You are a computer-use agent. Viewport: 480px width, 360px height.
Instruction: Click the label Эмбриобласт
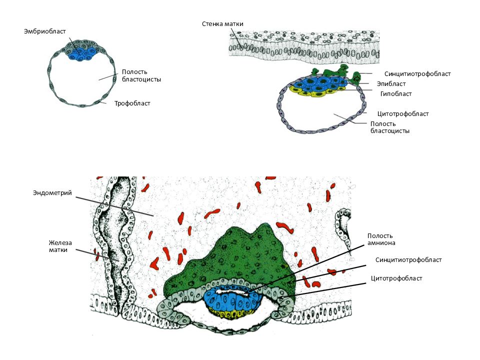(x=44, y=31)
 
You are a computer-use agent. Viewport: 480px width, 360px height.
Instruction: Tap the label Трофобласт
(x=132, y=103)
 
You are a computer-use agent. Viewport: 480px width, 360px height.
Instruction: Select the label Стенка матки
(x=222, y=24)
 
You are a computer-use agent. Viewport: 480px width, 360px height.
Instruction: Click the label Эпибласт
(x=391, y=84)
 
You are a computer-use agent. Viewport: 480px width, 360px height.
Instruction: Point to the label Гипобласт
(x=396, y=94)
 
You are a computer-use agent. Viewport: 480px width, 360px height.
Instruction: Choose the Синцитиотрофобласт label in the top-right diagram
(x=417, y=74)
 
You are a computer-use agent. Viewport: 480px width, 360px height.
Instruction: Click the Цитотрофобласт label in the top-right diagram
(x=403, y=114)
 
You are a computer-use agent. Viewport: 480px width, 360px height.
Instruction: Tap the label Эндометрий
(x=52, y=193)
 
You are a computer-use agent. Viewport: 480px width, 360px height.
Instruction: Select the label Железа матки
(x=60, y=246)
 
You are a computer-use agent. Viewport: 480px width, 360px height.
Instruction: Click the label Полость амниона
(x=381, y=239)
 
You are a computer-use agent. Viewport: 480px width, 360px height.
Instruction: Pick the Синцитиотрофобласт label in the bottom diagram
(x=408, y=260)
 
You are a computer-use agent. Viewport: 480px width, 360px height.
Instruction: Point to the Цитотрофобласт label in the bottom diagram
(x=396, y=278)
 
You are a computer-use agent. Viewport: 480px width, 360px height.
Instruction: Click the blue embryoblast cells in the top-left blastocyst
(x=81, y=53)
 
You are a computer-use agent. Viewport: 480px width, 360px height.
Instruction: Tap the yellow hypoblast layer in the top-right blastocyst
(x=315, y=92)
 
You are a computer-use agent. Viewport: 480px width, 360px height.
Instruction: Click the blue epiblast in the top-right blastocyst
(x=320, y=83)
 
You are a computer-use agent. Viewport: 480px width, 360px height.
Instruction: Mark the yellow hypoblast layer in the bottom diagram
(x=231, y=313)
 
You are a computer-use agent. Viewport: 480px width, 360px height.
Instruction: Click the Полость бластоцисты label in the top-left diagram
(x=141, y=75)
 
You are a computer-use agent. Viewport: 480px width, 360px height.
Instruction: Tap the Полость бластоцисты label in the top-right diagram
(x=389, y=127)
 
